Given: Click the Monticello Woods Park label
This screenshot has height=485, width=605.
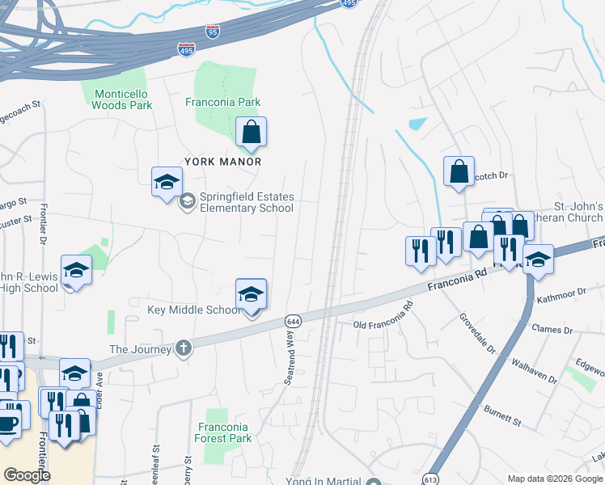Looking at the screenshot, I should point(122,99).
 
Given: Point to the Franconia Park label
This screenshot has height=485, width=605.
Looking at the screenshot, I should point(222,103).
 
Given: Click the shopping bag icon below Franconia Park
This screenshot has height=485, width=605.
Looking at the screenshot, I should point(251,132).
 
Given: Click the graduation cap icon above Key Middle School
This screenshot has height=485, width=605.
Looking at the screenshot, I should point(251,294).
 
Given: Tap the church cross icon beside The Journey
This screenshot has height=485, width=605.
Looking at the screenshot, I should point(184,348).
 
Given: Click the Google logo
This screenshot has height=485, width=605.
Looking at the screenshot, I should point(27,475).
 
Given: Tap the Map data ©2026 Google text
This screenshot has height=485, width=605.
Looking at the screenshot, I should point(555,479).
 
